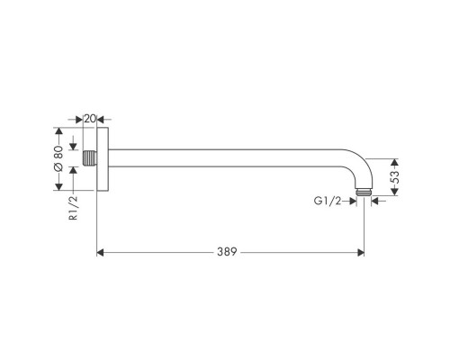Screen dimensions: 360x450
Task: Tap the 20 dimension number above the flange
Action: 90,118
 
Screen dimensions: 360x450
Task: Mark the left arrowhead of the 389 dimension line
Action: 101,253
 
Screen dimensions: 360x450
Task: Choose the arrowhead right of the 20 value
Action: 101,118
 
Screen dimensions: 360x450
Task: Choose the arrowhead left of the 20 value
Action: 79,118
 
